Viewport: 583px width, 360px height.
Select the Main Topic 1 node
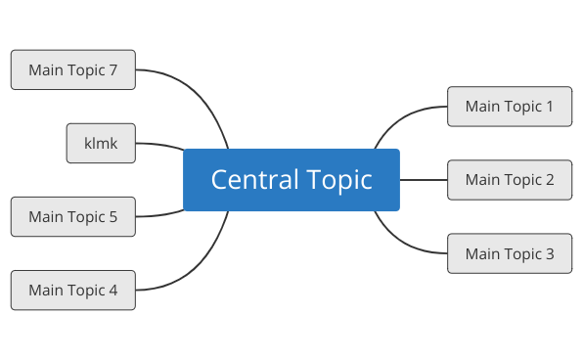click(x=509, y=106)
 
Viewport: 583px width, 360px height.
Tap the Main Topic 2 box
click(x=509, y=180)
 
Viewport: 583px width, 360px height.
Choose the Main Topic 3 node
click(x=509, y=253)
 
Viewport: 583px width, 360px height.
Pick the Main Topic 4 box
click(x=73, y=290)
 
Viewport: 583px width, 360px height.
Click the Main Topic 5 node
click(x=73, y=216)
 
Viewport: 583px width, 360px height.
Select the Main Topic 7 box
click(x=73, y=69)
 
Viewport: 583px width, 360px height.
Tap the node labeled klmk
click(x=101, y=143)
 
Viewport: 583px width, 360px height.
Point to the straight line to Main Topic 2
click(x=424, y=180)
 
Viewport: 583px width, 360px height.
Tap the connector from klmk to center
click(x=159, y=145)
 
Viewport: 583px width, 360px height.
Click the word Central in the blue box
click(x=245, y=180)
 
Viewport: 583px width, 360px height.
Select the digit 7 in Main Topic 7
click(x=112, y=69)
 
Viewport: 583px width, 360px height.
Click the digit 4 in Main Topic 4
click(x=112, y=290)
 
